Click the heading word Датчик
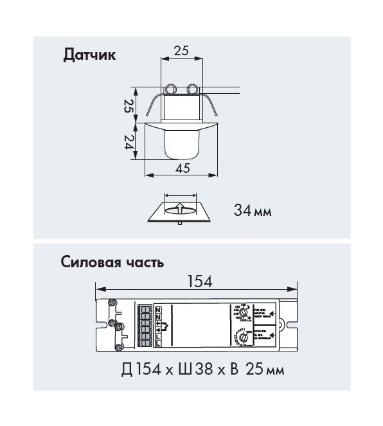click(x=89, y=55)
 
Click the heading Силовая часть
click(x=112, y=262)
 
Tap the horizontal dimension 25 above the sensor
click(x=181, y=51)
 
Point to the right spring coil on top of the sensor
click(x=192, y=89)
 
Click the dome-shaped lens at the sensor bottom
click(x=181, y=144)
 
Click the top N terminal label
click(x=159, y=309)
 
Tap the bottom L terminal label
click(x=159, y=346)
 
